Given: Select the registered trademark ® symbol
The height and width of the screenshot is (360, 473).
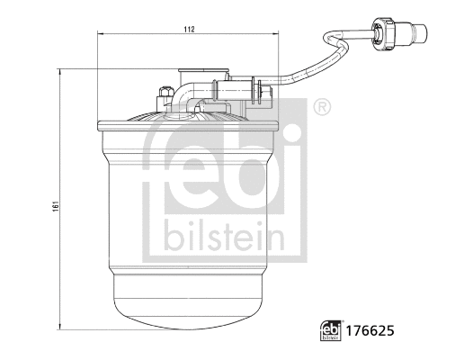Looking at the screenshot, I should (x=321, y=108).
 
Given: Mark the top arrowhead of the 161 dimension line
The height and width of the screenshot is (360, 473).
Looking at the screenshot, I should (x=62, y=70).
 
